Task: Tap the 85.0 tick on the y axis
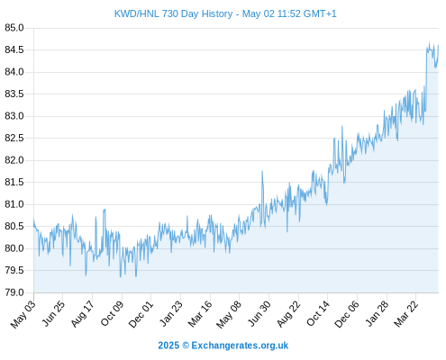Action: click(14, 28)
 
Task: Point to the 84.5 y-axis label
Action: click(14, 49)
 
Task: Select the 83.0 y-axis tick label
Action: click(14, 116)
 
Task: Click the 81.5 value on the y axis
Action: click(14, 182)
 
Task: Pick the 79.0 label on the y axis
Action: click(14, 292)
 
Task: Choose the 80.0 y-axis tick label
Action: click(14, 248)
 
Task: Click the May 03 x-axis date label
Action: click(23, 314)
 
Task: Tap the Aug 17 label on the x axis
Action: click(82, 314)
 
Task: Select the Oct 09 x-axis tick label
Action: click(112, 314)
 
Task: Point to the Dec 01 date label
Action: click(141, 314)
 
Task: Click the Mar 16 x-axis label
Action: click(199, 314)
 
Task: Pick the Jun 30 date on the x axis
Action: click(259, 314)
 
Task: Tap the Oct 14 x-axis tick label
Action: click(318, 314)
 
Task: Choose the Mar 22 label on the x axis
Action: click(405, 314)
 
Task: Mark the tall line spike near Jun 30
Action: click(262, 172)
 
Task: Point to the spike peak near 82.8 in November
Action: click(341, 127)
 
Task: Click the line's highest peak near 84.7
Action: click(429, 42)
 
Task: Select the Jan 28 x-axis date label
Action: click(377, 314)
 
